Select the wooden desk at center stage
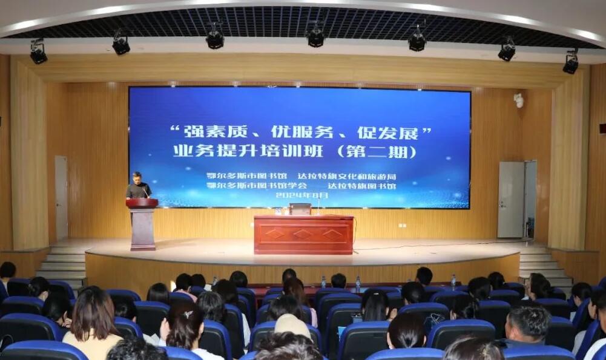tap(303, 235)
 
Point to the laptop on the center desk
tap(300, 209)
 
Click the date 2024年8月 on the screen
tap(301, 195)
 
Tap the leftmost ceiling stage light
tap(38, 52)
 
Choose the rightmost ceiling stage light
tap(570, 62)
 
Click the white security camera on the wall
tap(518, 100)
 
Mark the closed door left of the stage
tap(61, 197)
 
